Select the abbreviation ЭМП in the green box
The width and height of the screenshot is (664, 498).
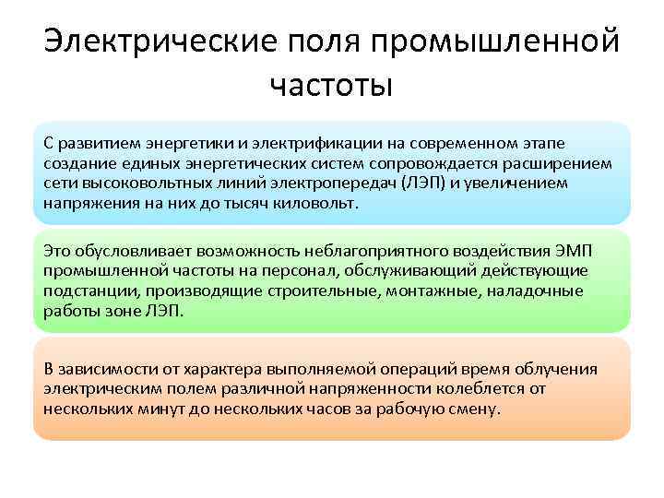coord(578,251)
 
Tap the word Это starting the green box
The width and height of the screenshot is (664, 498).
coord(56,251)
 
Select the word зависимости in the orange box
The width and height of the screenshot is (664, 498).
coord(103,369)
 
